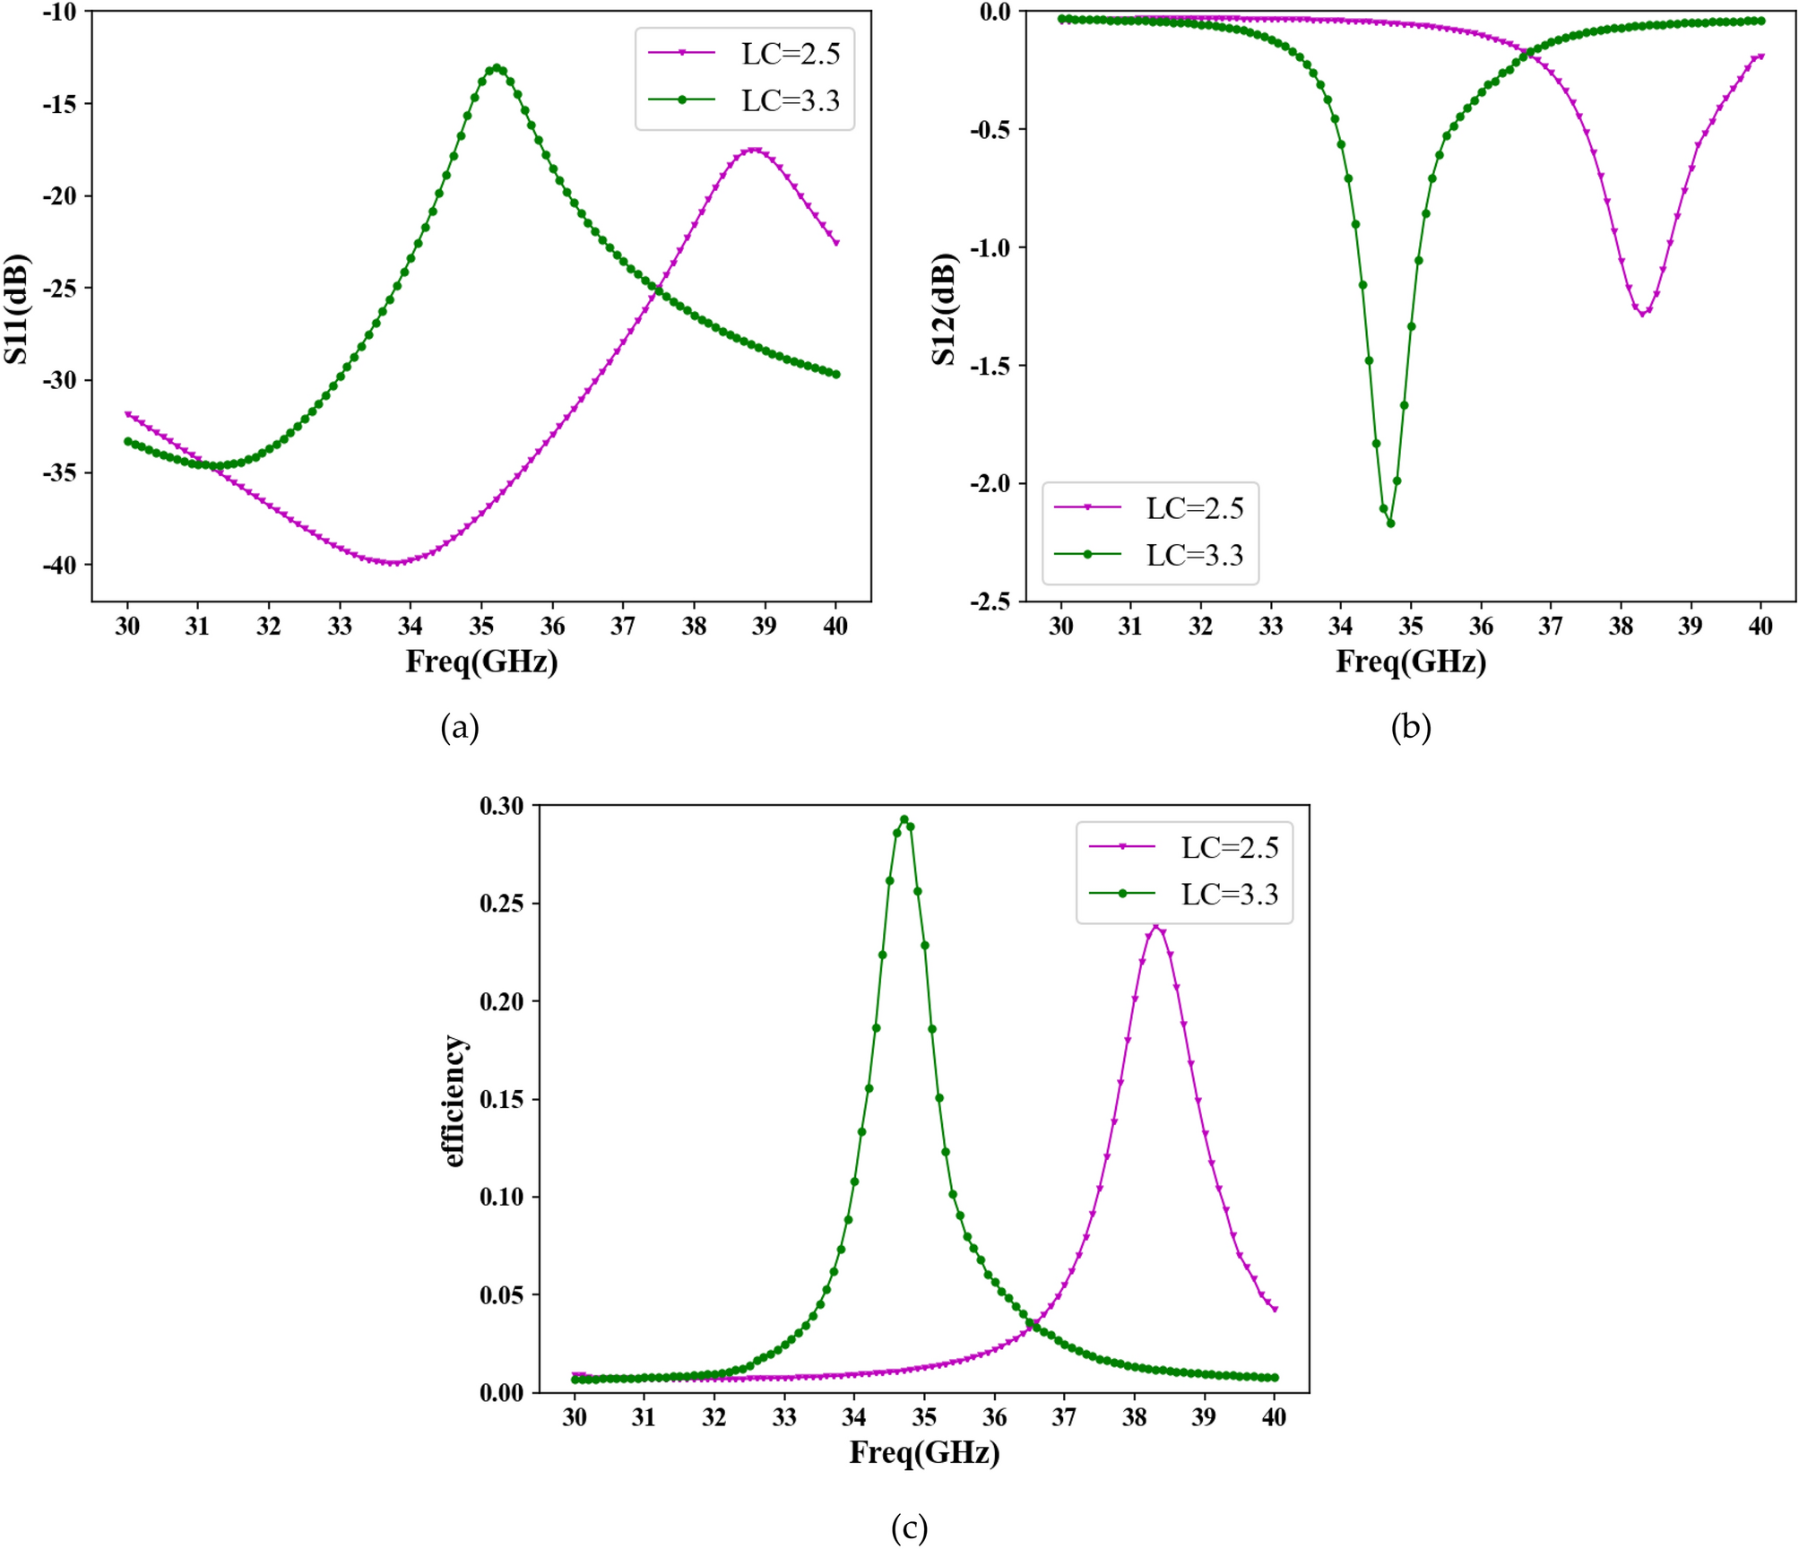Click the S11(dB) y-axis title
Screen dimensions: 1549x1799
point(17,309)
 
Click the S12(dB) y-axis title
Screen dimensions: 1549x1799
point(944,309)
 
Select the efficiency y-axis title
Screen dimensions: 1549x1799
point(454,1100)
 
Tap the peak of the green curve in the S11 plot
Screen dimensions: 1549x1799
point(497,68)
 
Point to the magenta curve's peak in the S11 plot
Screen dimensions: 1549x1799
point(754,150)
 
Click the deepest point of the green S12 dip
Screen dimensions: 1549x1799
point(1390,523)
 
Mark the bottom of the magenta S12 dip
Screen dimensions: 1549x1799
point(1642,314)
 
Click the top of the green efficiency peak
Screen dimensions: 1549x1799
point(904,819)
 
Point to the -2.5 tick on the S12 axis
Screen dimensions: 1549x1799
point(990,601)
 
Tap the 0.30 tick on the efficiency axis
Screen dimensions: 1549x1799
point(501,806)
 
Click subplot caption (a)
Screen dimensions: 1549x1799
point(460,727)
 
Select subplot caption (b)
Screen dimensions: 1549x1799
point(1410,727)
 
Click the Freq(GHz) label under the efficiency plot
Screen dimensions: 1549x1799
point(924,1451)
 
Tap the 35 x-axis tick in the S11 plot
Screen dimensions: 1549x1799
point(481,626)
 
